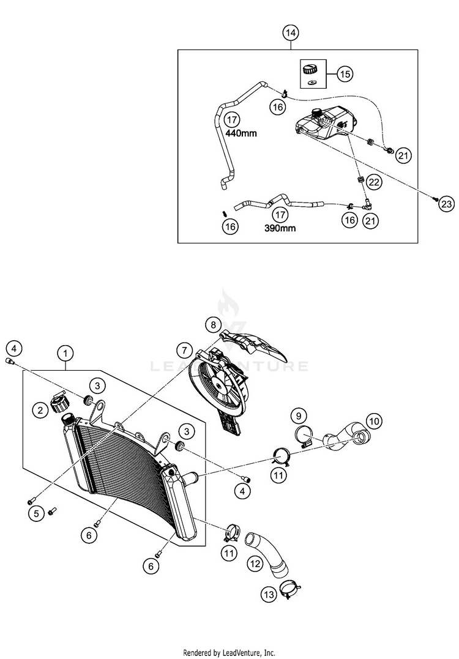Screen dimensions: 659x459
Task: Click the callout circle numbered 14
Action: (291, 32)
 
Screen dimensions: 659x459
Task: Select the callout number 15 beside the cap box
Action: (344, 75)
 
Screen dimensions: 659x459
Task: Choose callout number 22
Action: (374, 182)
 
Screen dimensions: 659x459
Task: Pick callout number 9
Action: (299, 416)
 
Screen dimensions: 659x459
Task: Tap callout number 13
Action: (269, 594)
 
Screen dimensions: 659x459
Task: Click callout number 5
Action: (37, 514)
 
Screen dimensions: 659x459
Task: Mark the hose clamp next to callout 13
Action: (291, 590)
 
